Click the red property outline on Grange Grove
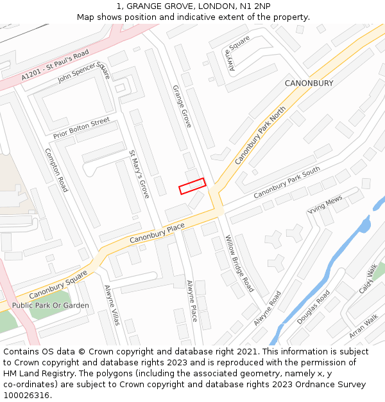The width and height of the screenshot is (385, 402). [x=192, y=186]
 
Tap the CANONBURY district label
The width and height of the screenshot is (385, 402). [x=309, y=84]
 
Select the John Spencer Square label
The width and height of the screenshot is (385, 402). [x=84, y=75]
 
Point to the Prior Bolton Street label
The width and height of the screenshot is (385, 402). [x=81, y=127]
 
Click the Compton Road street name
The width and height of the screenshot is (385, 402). [x=56, y=170]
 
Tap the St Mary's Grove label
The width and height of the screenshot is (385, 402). [x=139, y=174]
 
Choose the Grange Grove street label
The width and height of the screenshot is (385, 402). [x=182, y=106]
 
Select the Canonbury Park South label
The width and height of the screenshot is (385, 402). [x=286, y=183]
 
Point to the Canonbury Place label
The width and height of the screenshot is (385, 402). [x=157, y=233]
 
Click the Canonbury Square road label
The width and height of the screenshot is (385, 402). [x=58, y=284]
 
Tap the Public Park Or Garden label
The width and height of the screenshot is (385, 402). [x=51, y=306]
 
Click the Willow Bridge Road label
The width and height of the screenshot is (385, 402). [x=239, y=263]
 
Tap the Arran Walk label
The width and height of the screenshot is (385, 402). [x=363, y=326]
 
